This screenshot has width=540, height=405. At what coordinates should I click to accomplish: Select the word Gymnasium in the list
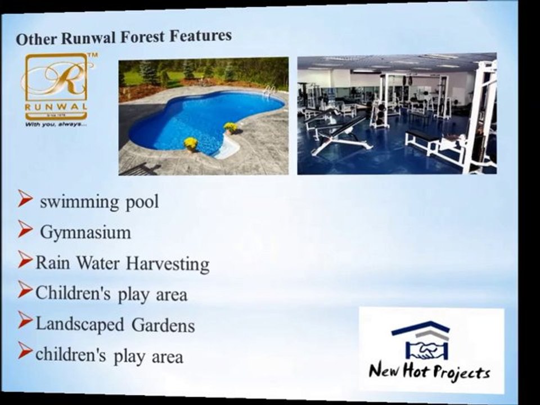[x=85, y=232]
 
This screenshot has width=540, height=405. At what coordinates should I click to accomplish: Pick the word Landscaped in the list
[x=79, y=324]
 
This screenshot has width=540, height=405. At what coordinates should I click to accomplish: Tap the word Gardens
[x=163, y=325]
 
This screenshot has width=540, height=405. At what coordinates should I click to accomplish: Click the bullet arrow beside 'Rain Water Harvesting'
[x=25, y=259]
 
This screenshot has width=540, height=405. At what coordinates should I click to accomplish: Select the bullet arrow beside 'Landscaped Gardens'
[x=25, y=320]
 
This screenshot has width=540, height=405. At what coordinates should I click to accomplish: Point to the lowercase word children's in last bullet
[x=71, y=355]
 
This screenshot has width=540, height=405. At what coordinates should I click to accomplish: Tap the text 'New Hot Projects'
[x=429, y=371]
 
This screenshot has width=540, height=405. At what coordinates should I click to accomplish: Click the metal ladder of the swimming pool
[x=269, y=91]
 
